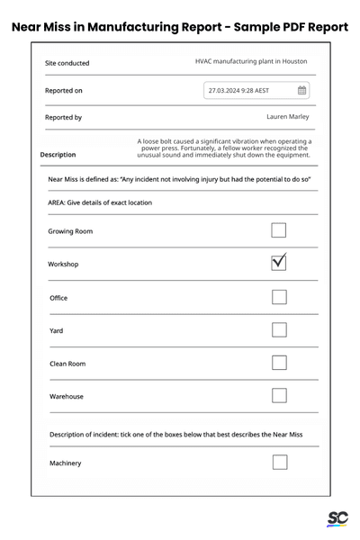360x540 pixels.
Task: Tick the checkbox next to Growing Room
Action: coord(279,230)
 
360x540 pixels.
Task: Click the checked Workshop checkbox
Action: coord(279,263)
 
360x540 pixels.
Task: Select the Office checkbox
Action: coord(279,297)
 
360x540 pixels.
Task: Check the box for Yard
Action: coord(279,329)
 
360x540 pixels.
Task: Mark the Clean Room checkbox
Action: coord(279,363)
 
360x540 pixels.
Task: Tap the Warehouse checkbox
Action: coord(279,395)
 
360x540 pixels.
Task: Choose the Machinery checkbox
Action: coord(279,463)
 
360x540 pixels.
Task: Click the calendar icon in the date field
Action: coord(301,90)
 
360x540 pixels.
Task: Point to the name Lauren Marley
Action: coord(289,116)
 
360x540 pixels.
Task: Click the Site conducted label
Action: coord(67,63)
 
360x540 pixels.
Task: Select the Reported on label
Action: coord(64,90)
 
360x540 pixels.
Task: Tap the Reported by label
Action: coord(63,117)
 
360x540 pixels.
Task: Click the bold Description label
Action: coord(58,155)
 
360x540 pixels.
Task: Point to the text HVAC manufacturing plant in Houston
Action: coord(251,61)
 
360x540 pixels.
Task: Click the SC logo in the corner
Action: coord(337,518)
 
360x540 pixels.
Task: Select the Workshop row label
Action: coord(63,264)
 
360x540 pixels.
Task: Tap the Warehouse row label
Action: coord(67,396)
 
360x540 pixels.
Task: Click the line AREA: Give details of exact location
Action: coord(100,202)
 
